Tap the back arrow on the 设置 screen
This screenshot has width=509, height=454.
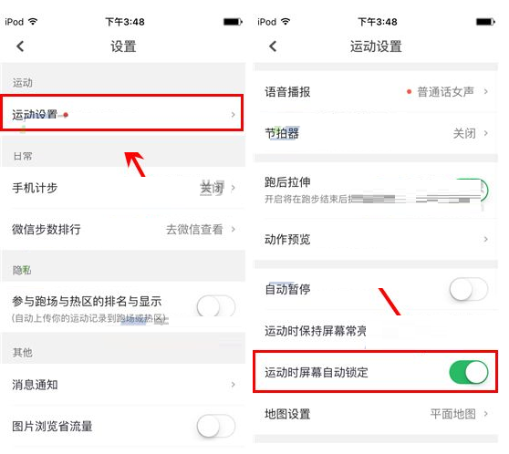point(20,46)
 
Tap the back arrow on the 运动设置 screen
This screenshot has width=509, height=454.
point(272,46)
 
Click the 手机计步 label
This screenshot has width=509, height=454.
point(35,188)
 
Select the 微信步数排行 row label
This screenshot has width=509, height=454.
point(47,230)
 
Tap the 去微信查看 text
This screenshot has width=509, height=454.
point(194,230)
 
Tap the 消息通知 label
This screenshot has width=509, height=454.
point(35,385)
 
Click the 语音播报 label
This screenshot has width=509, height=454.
point(287,92)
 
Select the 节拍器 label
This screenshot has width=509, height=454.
point(282,133)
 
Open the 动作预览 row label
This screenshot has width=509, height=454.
point(287,240)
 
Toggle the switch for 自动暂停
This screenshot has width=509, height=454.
point(468,290)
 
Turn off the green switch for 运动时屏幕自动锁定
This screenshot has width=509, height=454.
point(468,372)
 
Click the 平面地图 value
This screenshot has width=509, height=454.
point(453,414)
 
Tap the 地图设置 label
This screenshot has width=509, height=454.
point(287,414)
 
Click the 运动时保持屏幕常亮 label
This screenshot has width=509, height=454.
point(315,331)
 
